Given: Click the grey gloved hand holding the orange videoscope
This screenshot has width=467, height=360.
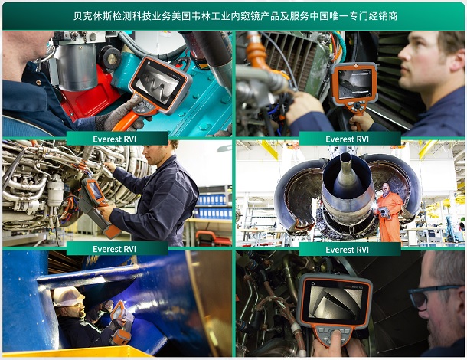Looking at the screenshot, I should (122, 113).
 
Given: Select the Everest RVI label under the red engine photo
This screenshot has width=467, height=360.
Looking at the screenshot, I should (117, 139).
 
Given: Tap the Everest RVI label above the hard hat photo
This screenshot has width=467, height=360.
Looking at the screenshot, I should (117, 248).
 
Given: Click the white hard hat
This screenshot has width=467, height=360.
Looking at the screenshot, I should (67, 296).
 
